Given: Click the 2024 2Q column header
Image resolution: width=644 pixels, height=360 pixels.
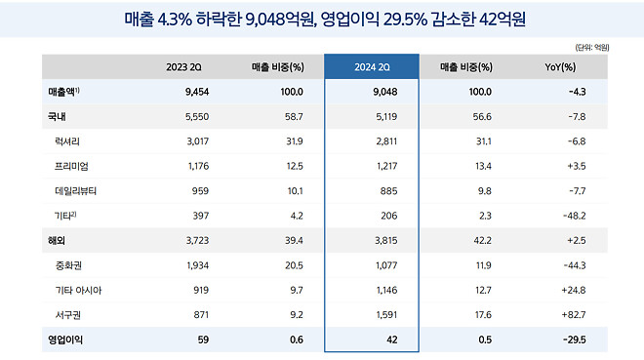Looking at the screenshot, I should (x=371, y=67).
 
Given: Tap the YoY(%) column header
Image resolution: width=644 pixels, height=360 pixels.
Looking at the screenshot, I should (x=561, y=67).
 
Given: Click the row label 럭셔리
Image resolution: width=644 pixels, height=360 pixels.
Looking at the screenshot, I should (x=70, y=140).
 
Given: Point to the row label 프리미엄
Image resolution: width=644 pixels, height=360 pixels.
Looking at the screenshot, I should (x=73, y=165).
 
